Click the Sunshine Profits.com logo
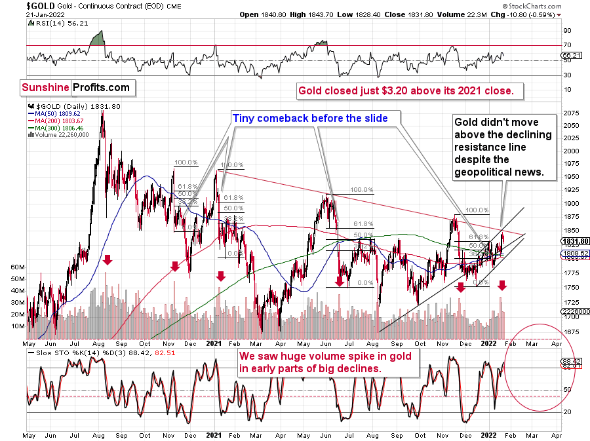point(75,86)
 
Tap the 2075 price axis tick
point(571,113)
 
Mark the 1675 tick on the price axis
point(571,332)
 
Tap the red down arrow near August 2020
point(108,261)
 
